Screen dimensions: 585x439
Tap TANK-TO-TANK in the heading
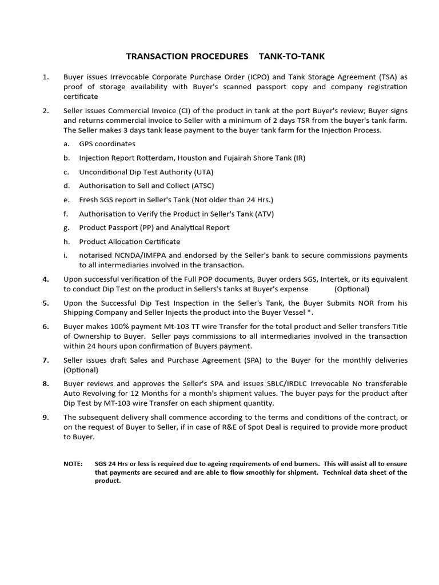(292, 56)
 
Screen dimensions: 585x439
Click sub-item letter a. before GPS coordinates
(66, 144)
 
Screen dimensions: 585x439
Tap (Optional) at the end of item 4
(352, 289)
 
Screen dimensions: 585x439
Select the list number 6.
(46, 326)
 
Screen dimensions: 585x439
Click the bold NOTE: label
(73, 464)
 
